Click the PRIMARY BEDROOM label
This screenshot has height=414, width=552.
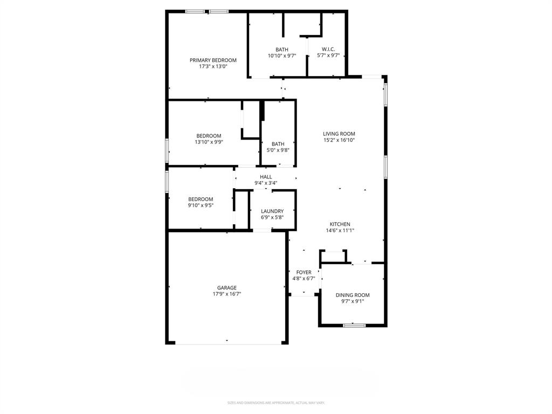tap(213, 60)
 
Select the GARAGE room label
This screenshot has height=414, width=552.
tap(227, 288)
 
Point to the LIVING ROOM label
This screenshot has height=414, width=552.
tap(339, 134)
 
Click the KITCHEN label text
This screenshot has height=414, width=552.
tap(340, 224)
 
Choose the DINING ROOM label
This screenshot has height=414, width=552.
tap(353, 295)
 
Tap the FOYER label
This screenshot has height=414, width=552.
tap(303, 272)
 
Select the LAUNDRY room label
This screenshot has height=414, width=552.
tap(272, 211)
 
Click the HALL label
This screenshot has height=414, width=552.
tap(266, 177)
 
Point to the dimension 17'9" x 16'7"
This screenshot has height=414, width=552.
tap(227, 294)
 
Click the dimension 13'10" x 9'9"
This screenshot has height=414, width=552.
tap(209, 142)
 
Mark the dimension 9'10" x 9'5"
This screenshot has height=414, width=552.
tap(201, 205)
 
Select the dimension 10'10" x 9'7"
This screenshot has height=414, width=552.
tap(282, 56)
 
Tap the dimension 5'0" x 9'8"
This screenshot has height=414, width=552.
tap(278, 150)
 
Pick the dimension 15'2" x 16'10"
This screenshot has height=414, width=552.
tap(339, 140)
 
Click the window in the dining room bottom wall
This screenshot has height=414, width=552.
tap(354, 325)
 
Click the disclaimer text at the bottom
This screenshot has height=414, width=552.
tap(276, 403)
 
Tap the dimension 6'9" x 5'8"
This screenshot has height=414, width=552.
tap(272, 218)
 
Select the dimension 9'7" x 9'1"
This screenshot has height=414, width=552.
tap(353, 301)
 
